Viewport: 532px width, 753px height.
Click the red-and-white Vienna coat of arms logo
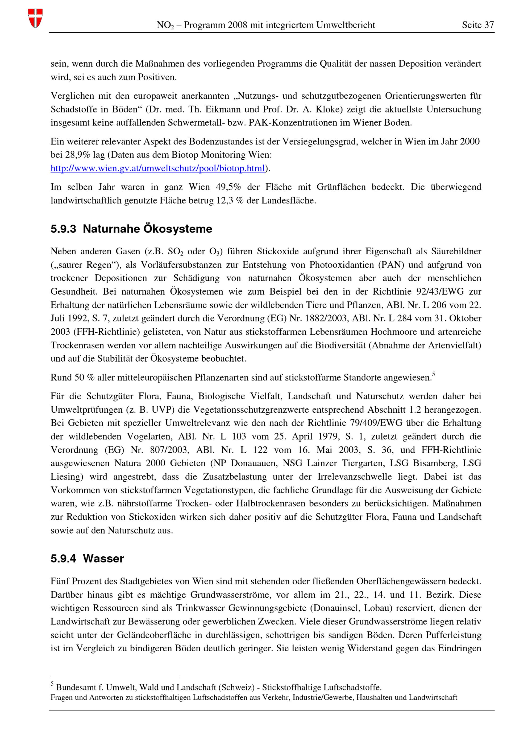click(x=35, y=18)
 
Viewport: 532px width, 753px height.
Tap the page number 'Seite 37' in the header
click(x=477, y=25)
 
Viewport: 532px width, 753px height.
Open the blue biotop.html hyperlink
click(x=157, y=169)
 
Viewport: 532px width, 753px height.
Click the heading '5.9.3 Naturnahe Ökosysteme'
click(x=131, y=229)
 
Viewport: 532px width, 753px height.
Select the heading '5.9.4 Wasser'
click(x=87, y=558)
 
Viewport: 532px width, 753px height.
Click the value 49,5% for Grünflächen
click(x=228, y=187)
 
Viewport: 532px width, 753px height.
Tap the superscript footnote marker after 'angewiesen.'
click(x=433, y=374)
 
